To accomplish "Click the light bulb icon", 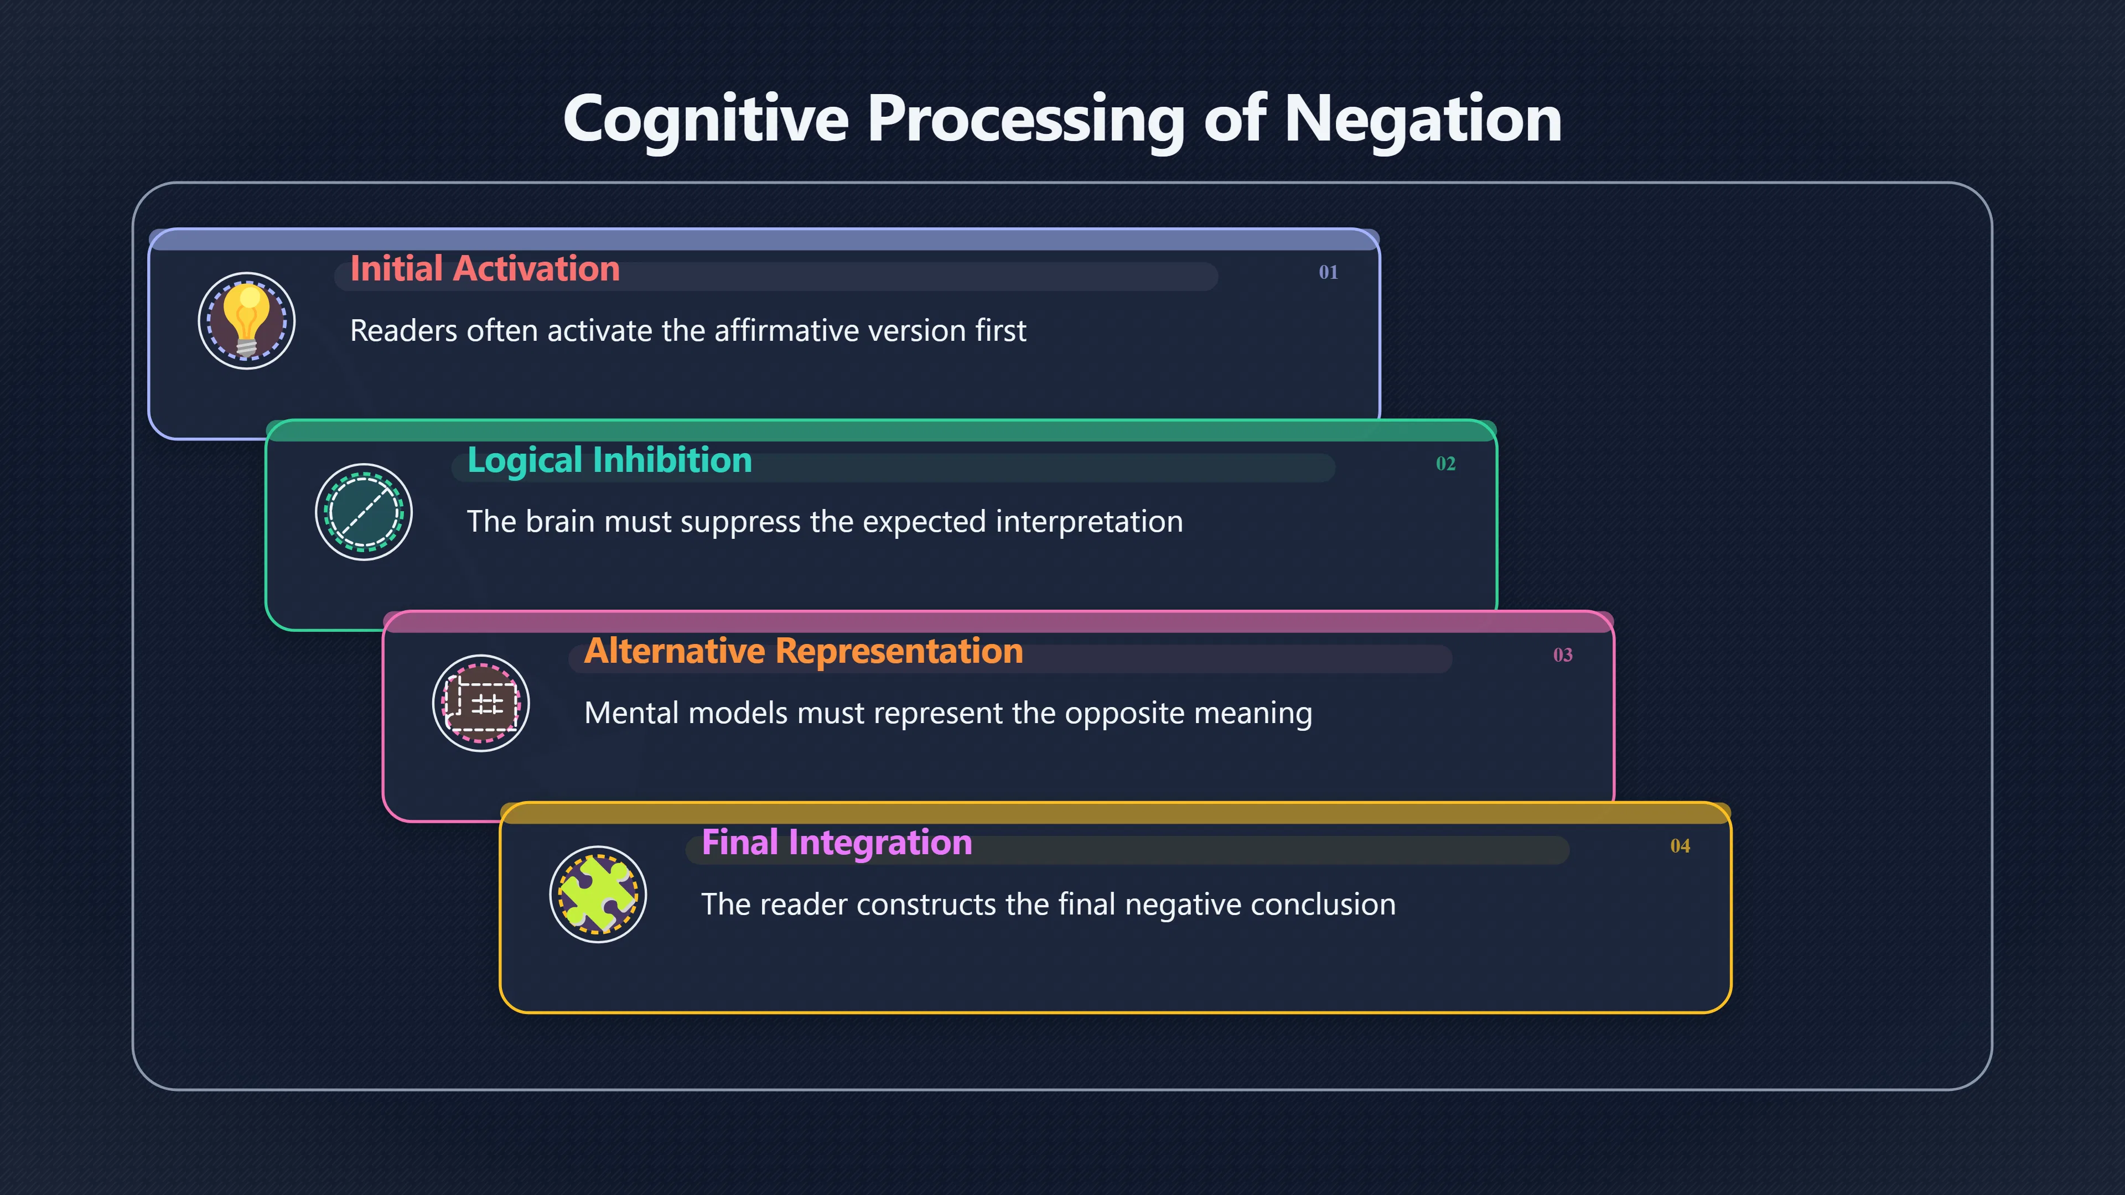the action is coord(247,321).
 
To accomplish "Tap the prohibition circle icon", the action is coord(364,512).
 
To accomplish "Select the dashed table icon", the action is coord(481,704).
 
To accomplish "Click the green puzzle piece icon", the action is coord(598,895).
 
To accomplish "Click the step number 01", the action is coord(1328,272).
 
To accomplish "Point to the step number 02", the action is coord(1445,464).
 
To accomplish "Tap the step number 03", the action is coord(1562,655).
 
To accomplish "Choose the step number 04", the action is coord(1680,846).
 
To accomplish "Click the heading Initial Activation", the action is coord(485,269).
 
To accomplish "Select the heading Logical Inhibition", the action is coord(610,460).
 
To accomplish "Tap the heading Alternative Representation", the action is coord(804,652).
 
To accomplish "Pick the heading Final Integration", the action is coord(837,843).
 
